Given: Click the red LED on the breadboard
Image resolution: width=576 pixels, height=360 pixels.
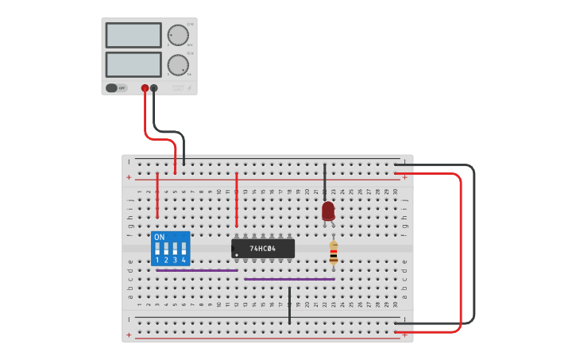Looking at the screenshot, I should click(328, 211).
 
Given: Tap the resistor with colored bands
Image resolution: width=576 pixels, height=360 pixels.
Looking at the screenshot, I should click(334, 254).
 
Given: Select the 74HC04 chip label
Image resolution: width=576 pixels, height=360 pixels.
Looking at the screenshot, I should click(262, 249).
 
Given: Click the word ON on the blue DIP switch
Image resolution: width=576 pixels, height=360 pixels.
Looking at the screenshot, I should click(160, 238).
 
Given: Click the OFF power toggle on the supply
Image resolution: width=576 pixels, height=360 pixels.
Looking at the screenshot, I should click(116, 88).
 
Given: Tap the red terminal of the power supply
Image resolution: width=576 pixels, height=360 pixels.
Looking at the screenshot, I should click(145, 89).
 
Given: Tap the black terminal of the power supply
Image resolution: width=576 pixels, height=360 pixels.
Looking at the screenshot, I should click(154, 89).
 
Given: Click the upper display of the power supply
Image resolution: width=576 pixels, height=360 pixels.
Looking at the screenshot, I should click(133, 35).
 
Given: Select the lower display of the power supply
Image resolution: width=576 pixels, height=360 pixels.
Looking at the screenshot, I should click(133, 64).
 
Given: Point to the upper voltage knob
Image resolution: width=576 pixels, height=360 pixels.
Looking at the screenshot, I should click(178, 36).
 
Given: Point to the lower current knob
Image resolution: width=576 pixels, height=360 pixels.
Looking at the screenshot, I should click(178, 64).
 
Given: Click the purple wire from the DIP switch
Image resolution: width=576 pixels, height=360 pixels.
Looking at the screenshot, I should click(197, 270).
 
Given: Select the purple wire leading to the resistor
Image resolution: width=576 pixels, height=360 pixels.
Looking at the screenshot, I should click(289, 279).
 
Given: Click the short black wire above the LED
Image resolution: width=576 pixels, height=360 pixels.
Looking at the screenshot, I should click(324, 179).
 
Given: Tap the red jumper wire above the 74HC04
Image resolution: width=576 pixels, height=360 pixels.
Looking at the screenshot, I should click(236, 199).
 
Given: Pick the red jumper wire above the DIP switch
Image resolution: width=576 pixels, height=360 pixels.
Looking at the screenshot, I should click(157, 195).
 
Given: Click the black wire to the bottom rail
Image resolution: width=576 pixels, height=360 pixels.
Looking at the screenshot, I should click(289, 305).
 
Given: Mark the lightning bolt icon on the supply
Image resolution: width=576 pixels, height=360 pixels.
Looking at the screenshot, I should click(189, 87).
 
